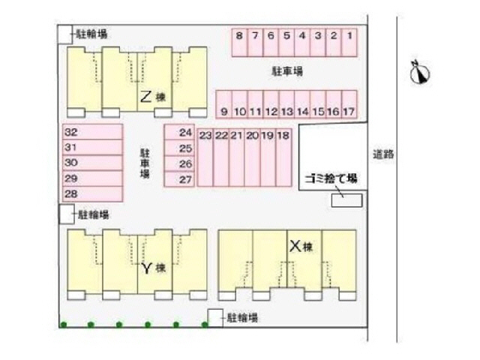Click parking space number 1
[x=349, y=43]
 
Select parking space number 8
[x=240, y=43]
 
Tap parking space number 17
[x=349, y=104]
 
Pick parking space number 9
[x=224, y=104]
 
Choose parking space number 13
[x=286, y=104]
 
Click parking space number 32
[x=93, y=132]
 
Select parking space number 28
[x=93, y=194]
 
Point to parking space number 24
[x=179, y=132]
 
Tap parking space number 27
[x=179, y=179]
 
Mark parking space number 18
[x=283, y=157]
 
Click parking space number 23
[x=205, y=157]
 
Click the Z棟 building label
[x=153, y=97]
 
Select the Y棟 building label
[x=154, y=268]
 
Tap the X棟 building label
[x=301, y=246]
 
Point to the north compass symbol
[x=420, y=73]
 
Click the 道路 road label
[x=383, y=154]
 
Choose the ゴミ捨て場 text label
[x=331, y=178]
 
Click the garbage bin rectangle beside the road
[x=346, y=200]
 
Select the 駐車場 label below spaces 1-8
[x=287, y=71]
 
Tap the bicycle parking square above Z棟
[x=65, y=34]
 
